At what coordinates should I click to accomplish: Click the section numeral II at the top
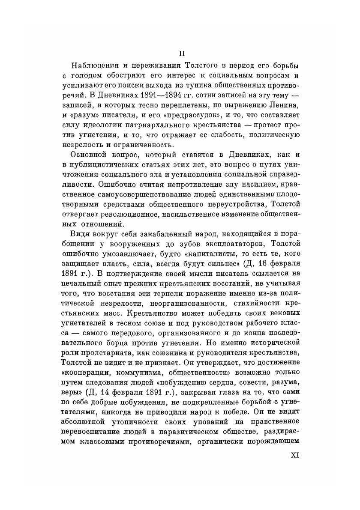pyautogui.click(x=182, y=53)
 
